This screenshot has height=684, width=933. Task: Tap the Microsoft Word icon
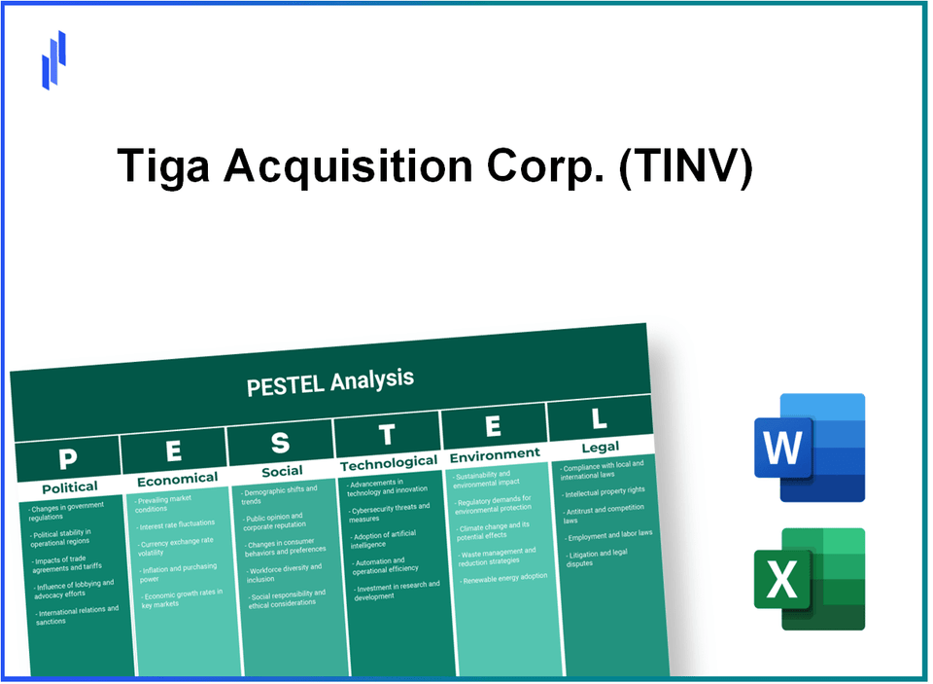(809, 448)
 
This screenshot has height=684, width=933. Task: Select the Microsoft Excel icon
(809, 579)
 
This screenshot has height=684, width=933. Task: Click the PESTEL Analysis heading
(330, 381)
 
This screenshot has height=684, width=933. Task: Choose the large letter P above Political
(67, 457)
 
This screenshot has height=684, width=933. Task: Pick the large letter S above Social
(280, 444)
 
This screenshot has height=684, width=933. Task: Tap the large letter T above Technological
(387, 434)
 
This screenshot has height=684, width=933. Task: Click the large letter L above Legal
(600, 418)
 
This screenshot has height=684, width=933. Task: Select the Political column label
(70, 486)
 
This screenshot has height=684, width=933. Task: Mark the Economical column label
(177, 478)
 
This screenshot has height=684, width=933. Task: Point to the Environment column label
(494, 454)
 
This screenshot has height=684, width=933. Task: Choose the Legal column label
(600, 448)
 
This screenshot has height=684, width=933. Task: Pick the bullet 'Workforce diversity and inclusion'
(287, 574)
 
